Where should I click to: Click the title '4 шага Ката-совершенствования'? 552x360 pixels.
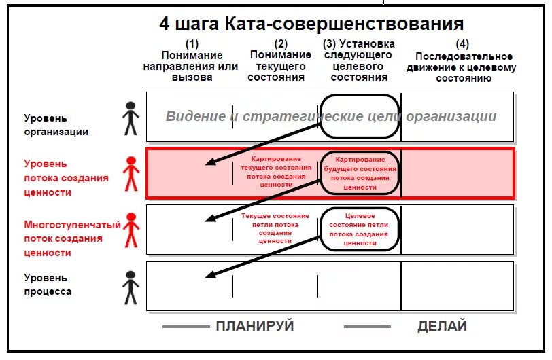311,24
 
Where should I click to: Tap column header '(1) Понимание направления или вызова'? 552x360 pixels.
191,62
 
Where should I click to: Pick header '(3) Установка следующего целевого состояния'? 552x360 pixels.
359,62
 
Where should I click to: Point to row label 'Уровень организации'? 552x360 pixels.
56,124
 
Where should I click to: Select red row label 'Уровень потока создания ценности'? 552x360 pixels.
65,178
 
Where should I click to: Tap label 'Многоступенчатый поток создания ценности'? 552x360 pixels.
71,238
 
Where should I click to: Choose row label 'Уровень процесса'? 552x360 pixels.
48,285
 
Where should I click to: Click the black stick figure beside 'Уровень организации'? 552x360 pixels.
131,119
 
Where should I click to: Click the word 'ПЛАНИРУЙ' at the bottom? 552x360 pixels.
255,326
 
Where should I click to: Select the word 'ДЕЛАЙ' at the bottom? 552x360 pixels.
442,326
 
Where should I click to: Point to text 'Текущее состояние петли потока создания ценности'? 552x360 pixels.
275,228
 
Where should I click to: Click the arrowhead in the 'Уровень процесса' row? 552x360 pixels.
210,274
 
